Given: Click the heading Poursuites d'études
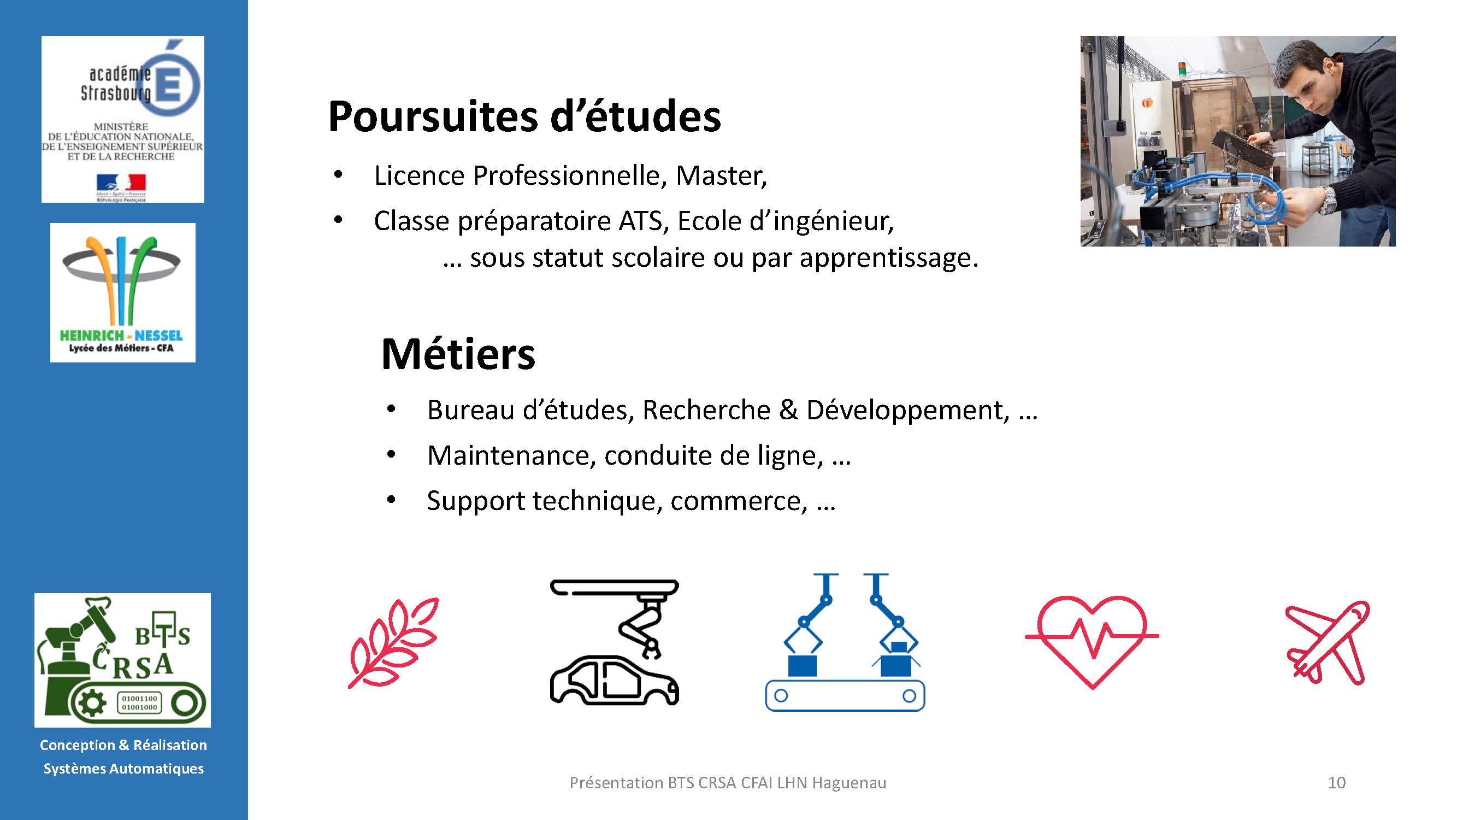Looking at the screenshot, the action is (x=524, y=116).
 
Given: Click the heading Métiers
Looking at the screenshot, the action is (x=458, y=354).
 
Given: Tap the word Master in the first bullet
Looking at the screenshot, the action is (x=721, y=175).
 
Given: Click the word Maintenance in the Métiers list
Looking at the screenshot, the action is (x=511, y=455).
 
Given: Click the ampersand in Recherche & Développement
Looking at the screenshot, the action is (x=788, y=409).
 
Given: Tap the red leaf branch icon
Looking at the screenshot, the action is (x=394, y=643).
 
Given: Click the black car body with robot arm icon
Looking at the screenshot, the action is (x=614, y=642).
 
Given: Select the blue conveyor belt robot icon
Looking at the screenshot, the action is (x=845, y=642).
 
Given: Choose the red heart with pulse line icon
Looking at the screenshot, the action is (x=1092, y=642).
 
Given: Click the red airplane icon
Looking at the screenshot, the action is (x=1328, y=643).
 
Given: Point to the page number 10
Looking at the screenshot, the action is (x=1336, y=783).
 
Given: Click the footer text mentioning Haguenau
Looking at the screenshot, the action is (x=728, y=783).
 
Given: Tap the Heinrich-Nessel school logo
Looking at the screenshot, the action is (x=123, y=292).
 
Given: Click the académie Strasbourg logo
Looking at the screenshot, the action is (x=123, y=119).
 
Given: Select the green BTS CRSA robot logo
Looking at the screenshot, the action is (x=123, y=660).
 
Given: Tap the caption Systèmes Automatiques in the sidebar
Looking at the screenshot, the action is (x=124, y=769).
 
